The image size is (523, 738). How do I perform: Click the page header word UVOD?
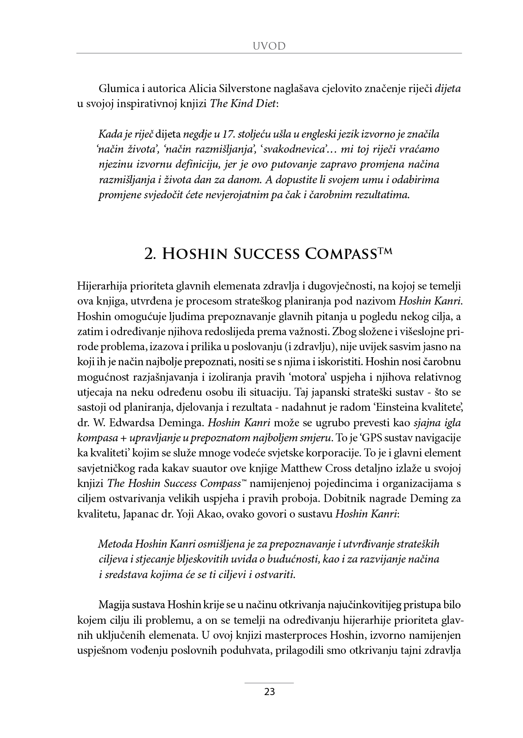click(x=269, y=46)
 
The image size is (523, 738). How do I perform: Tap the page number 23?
click(x=269, y=692)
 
